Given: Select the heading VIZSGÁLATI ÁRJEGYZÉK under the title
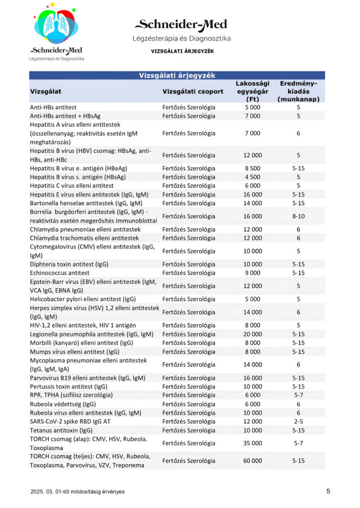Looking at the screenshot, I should click(x=182, y=51).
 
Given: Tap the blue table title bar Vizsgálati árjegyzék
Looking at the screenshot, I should click(x=176, y=75).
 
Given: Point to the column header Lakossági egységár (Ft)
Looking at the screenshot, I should click(x=252, y=91).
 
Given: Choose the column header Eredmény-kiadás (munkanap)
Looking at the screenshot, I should click(x=298, y=91).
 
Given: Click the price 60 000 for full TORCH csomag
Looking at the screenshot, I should click(x=252, y=460).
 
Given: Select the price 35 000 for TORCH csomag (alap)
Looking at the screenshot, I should click(x=252, y=443).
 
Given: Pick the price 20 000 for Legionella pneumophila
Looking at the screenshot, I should click(x=252, y=334).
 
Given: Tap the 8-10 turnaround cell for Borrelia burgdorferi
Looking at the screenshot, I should click(x=298, y=216).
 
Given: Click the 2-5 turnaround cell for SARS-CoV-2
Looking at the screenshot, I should click(x=298, y=421).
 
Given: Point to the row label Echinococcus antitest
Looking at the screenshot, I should click(x=60, y=273).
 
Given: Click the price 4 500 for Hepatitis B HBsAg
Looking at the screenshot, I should click(x=252, y=177).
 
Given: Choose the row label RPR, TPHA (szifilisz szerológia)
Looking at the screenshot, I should click(x=71, y=395).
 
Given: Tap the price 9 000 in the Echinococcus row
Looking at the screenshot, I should click(x=252, y=273).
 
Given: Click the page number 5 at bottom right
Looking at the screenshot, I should click(x=328, y=491).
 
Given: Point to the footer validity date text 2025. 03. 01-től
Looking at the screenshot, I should click(x=77, y=492).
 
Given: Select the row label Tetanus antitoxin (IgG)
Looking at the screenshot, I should click(x=61, y=430).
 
